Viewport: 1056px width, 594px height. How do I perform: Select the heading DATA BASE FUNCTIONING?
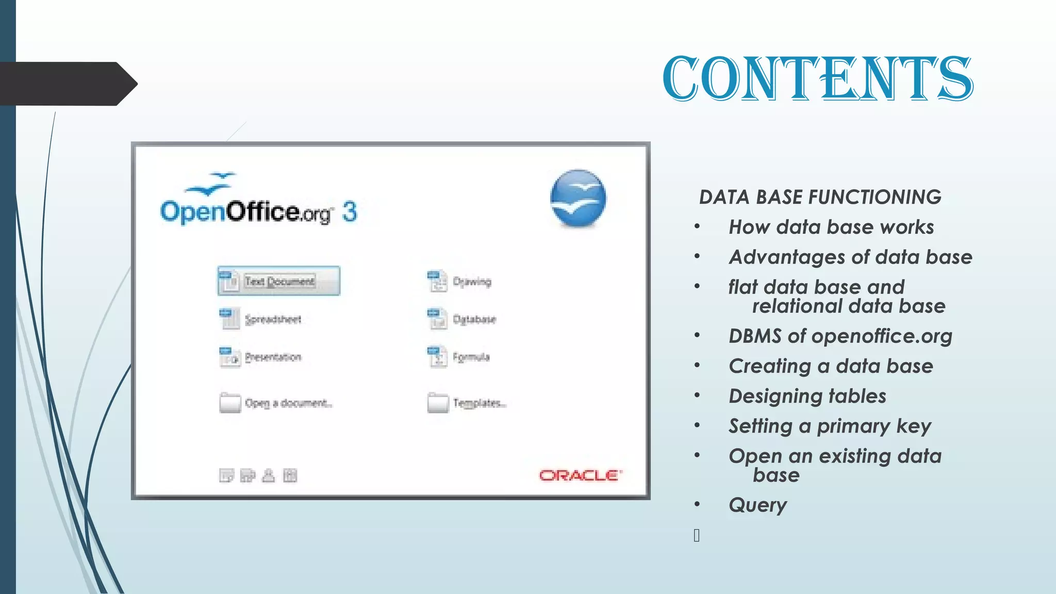[820, 197]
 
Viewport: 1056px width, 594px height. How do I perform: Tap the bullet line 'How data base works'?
[831, 227]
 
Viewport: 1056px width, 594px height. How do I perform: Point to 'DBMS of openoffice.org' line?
[840, 336]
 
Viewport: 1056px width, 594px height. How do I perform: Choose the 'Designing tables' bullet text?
[807, 396]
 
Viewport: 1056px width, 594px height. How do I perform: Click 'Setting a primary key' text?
[830, 426]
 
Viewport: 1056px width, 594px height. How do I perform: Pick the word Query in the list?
[757, 505]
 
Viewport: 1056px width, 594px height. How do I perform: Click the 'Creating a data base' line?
[831, 366]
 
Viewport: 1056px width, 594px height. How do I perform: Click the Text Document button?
[279, 281]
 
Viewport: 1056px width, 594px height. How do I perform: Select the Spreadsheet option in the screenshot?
[273, 319]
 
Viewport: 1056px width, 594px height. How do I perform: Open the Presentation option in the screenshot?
[273, 357]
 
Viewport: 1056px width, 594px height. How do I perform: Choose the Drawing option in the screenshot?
[471, 282]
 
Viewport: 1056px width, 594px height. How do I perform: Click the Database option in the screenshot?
[473, 319]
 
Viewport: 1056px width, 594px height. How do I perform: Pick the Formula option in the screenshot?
[471, 357]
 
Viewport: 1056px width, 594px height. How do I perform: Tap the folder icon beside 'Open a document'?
[230, 403]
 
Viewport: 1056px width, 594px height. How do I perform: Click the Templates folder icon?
[438, 403]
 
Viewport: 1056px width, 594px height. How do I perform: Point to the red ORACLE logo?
[581, 475]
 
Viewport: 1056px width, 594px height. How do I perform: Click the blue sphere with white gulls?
[578, 199]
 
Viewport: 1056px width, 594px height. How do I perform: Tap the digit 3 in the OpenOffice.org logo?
[350, 212]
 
